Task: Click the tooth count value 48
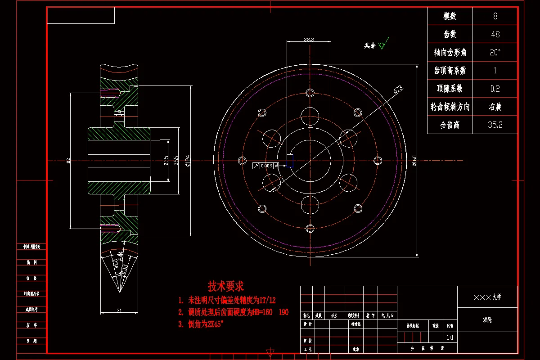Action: click(x=495, y=35)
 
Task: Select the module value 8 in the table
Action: click(x=495, y=17)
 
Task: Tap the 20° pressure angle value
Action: click(x=495, y=53)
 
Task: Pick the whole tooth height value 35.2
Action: click(x=495, y=125)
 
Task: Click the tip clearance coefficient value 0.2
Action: click(x=495, y=89)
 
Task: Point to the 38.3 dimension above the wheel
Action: click(x=309, y=40)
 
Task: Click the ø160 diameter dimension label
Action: click(x=414, y=161)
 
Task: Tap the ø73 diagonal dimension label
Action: click(x=398, y=90)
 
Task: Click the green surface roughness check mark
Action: click(x=383, y=44)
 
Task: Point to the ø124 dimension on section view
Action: click(x=188, y=161)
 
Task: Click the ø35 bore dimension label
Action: click(x=166, y=161)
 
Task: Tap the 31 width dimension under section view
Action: click(x=119, y=310)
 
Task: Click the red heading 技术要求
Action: click(x=225, y=286)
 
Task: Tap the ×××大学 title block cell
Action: click(x=487, y=297)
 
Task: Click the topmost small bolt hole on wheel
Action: click(x=310, y=93)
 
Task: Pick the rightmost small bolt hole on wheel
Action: click(x=378, y=161)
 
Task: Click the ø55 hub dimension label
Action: click(x=176, y=161)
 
